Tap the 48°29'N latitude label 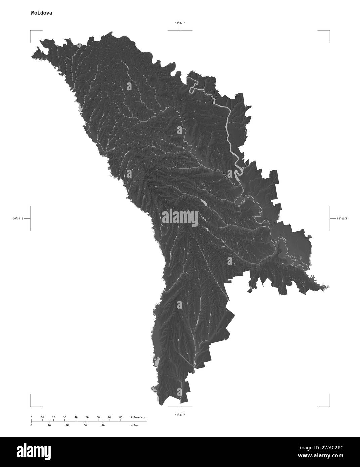[x=180, y=23]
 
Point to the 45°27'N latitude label [x=180, y=415]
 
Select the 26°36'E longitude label [x=18, y=219]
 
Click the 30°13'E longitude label [x=342, y=219]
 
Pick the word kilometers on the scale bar [x=138, y=417]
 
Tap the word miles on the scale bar [x=134, y=425]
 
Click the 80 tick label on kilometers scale [x=121, y=417]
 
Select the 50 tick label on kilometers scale [x=87, y=417]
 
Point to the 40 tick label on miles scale [x=103, y=425]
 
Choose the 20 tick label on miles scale [x=67, y=425]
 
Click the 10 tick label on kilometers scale [x=42, y=417]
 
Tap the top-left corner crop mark [x=31, y=31]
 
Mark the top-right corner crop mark [x=329, y=31]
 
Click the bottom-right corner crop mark [x=329, y=406]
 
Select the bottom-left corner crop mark [x=31, y=406]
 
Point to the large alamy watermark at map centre [x=180, y=216]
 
